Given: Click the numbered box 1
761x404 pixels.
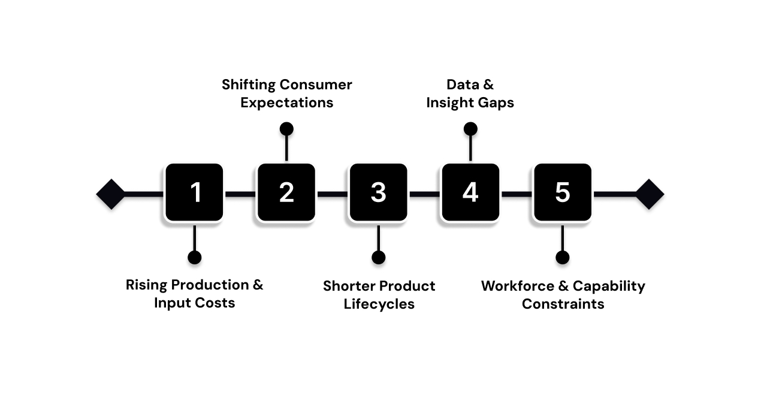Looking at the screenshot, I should pyautogui.click(x=195, y=193).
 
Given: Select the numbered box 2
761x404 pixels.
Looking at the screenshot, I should pyautogui.click(x=286, y=193).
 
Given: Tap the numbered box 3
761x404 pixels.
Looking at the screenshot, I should pyautogui.click(x=378, y=193).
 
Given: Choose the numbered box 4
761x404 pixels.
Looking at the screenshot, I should pyautogui.click(x=470, y=193).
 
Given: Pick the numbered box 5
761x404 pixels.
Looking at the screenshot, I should pyautogui.click(x=562, y=193).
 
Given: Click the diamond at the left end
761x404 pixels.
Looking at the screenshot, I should pyautogui.click(x=111, y=194).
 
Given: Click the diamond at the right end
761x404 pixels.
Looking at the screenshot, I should pyautogui.click(x=650, y=194).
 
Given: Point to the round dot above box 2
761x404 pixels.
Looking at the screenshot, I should pyautogui.click(x=286, y=129).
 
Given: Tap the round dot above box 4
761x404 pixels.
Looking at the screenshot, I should pyautogui.click(x=470, y=129).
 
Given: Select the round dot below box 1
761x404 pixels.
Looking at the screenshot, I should pyautogui.click(x=194, y=257).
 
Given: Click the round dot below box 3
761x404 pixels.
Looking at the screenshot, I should pyautogui.click(x=378, y=257).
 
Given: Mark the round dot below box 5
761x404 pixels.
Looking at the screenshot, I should pyautogui.click(x=562, y=257).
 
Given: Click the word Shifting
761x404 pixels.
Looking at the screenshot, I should pyautogui.click(x=248, y=85).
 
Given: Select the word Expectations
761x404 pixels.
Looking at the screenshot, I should pyautogui.click(x=286, y=103).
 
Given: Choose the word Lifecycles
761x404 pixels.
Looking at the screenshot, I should pyautogui.click(x=379, y=304).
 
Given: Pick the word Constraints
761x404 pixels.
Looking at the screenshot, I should pyautogui.click(x=563, y=304).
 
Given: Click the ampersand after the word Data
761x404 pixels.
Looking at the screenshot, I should pyautogui.click(x=488, y=85).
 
